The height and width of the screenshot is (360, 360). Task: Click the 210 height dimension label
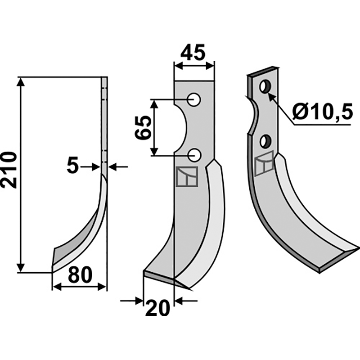tap(9, 170)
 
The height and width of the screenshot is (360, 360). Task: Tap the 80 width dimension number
tap(80, 275)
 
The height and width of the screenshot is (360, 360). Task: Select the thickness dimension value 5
tap(73, 166)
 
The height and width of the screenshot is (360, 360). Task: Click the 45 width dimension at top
tap(193, 52)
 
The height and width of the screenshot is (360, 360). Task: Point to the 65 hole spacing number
tap(143, 127)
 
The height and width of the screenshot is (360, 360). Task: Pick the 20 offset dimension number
tap(158, 308)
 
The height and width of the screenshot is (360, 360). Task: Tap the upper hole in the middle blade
tap(194, 99)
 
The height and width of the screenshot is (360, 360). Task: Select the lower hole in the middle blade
tap(194, 155)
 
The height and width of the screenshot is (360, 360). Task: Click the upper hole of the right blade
tap(265, 86)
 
